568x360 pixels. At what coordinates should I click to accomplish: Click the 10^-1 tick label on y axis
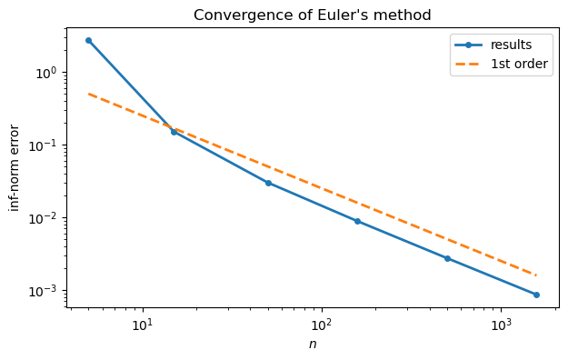click(46, 145)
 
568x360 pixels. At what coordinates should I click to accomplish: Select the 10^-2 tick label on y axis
click(46, 218)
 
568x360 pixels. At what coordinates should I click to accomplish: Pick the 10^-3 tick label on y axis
click(46, 291)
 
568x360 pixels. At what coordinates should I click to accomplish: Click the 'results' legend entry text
click(511, 44)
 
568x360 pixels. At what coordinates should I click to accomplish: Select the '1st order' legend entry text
click(520, 65)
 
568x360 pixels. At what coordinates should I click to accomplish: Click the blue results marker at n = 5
click(88, 40)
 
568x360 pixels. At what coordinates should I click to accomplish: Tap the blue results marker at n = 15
click(174, 132)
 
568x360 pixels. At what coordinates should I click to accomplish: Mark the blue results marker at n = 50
click(267, 183)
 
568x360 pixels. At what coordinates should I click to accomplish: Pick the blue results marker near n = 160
click(357, 221)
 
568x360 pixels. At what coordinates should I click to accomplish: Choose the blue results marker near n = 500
click(447, 258)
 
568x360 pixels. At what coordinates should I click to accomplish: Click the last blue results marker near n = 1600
click(536, 295)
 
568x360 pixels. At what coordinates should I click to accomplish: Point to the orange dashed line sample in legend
click(470, 65)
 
